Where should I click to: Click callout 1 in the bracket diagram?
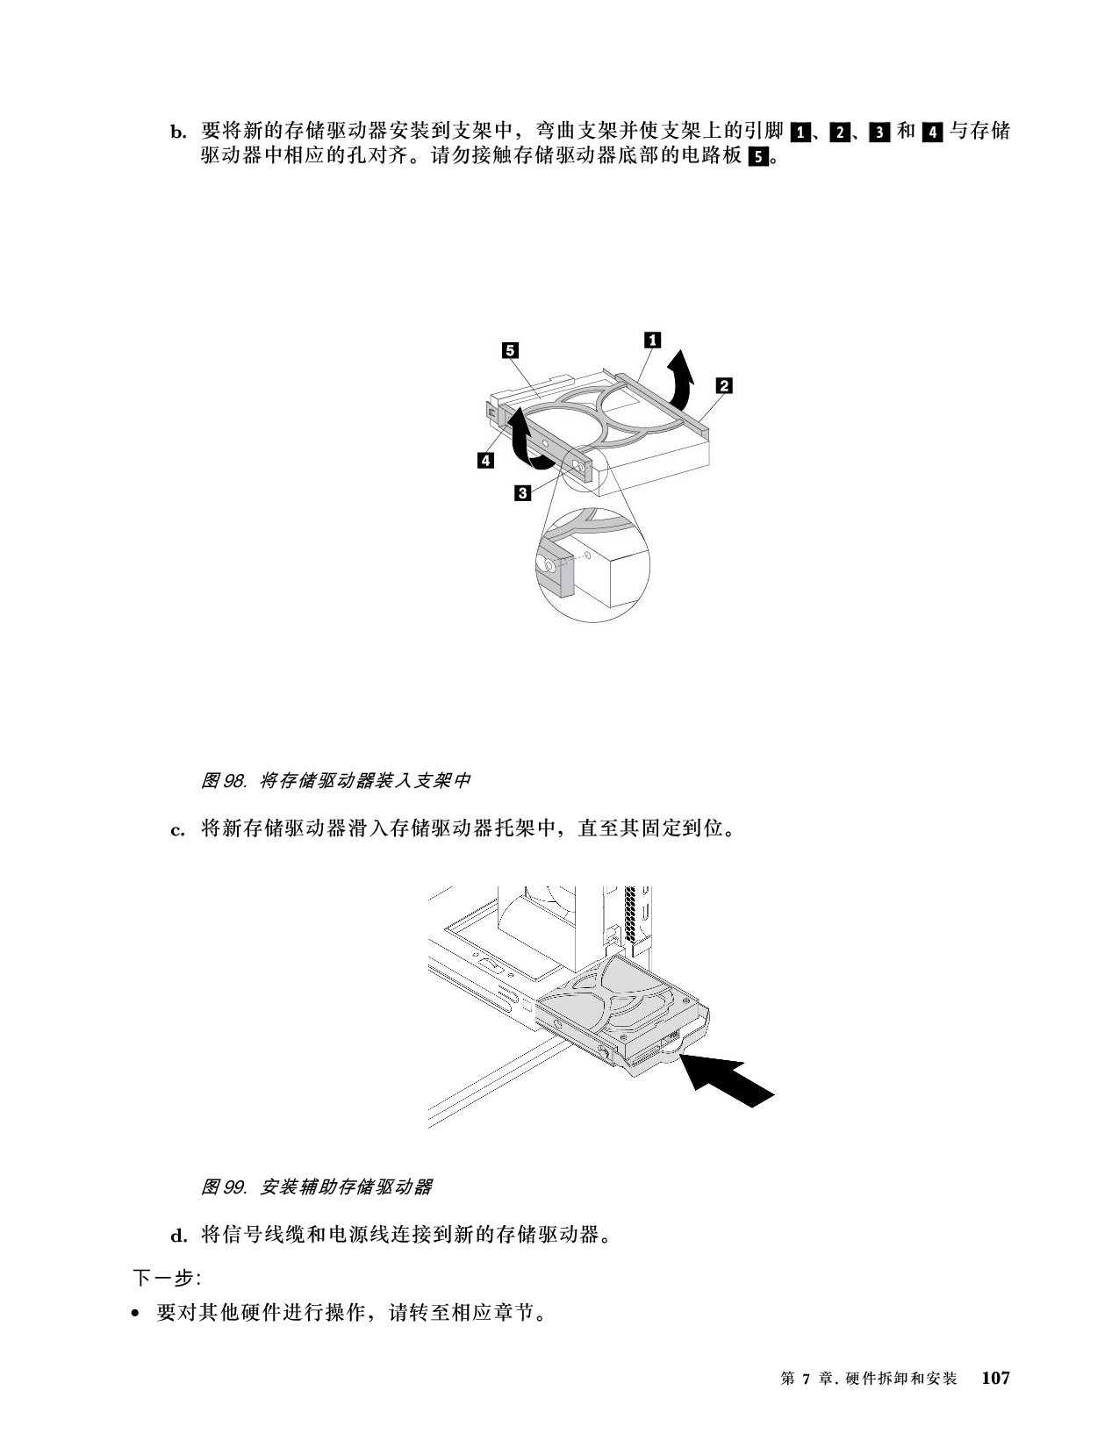(652, 340)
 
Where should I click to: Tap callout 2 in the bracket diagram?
(724, 385)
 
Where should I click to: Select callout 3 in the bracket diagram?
(522, 493)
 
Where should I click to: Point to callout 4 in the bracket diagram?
(485, 460)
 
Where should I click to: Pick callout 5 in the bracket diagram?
(510, 350)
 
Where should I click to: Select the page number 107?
(996, 1378)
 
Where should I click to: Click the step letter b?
(178, 132)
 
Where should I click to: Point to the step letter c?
(177, 830)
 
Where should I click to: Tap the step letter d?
(179, 1237)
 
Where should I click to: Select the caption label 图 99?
(224, 1186)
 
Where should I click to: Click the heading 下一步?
(167, 1278)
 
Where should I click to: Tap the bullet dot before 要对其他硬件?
(136, 1314)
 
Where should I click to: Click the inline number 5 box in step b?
(758, 158)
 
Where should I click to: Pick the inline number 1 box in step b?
(800, 132)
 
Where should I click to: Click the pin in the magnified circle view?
(549, 565)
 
